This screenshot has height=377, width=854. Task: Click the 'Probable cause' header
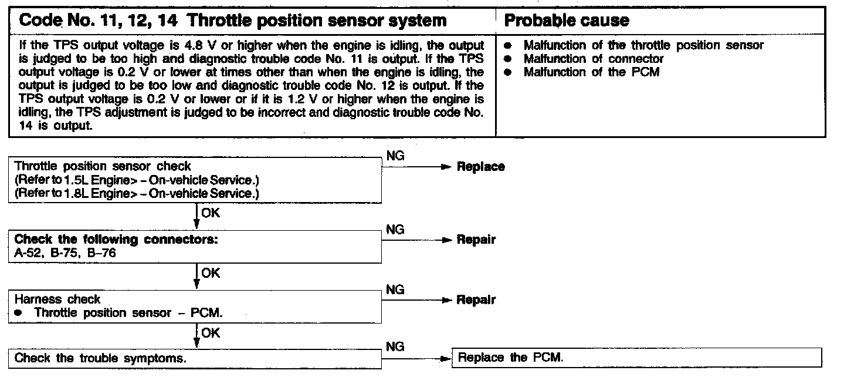pos(567,21)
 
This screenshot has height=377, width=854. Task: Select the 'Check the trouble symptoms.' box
pos(195,358)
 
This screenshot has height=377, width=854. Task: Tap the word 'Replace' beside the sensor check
pos(481,167)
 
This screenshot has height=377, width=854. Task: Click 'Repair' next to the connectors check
pos(476,240)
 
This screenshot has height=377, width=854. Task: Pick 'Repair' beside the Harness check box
pos(476,300)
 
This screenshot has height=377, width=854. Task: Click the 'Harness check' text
pos(57,299)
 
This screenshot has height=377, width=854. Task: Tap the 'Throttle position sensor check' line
pos(103,167)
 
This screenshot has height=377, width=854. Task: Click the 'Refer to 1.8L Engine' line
pos(137,193)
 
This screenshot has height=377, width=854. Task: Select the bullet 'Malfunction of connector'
pos(594,59)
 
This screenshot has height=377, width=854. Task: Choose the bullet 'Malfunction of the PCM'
pos(591,72)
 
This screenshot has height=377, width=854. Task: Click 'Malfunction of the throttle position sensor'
pos(643,45)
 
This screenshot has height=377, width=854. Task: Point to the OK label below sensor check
pos(211,213)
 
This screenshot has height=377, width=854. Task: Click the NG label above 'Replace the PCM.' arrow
pos(396,346)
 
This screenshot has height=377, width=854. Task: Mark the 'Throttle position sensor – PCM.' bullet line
pos(128,313)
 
